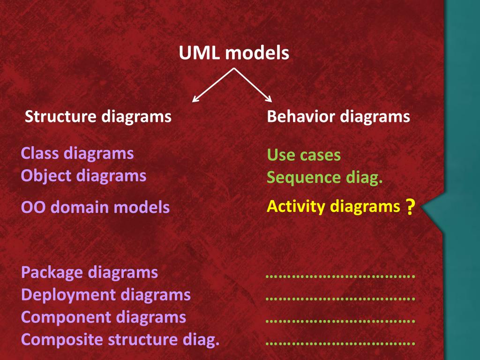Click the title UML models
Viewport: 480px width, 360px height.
234,53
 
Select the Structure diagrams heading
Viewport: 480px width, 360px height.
98,116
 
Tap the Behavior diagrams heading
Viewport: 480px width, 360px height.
338,116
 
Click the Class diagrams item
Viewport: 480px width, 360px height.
77,153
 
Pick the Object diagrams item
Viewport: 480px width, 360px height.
83,176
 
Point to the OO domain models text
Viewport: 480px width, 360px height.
95,207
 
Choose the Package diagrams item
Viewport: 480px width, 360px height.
90,272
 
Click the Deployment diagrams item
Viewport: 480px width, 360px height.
106,295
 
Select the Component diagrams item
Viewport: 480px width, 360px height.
104,317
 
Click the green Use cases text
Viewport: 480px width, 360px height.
304,155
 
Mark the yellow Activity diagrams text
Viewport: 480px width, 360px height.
333,206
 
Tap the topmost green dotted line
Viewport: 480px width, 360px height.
340,276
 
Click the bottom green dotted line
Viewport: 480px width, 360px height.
340,344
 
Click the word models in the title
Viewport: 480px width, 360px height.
257,53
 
